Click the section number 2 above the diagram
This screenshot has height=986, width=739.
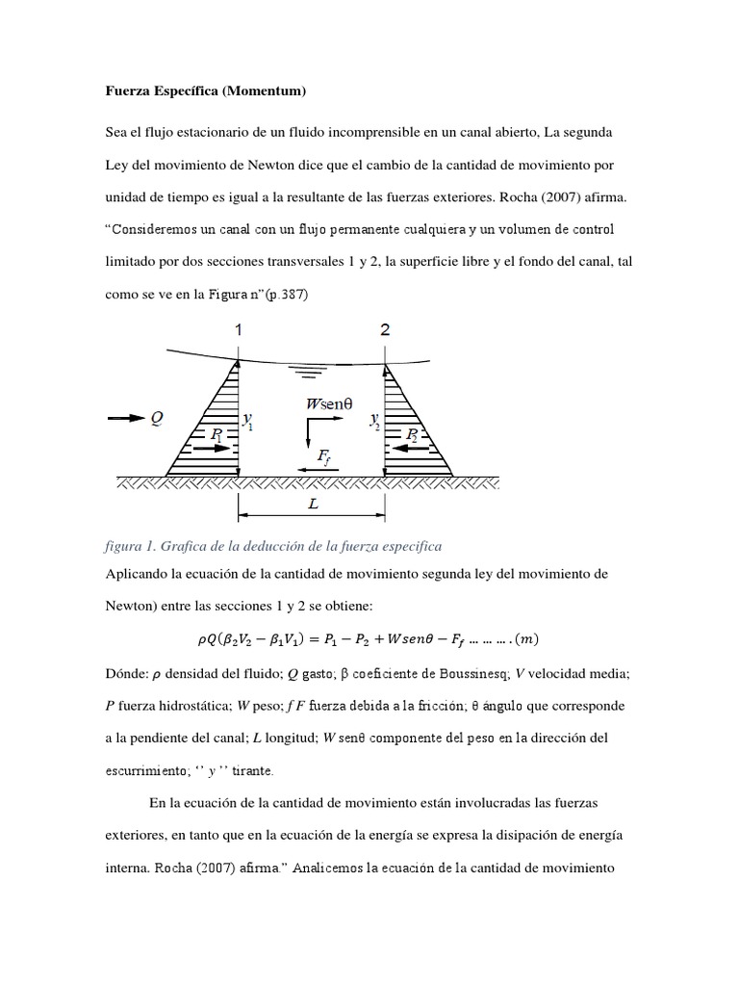point(385,330)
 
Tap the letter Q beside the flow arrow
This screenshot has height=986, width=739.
point(156,418)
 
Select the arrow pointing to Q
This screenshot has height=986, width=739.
point(122,418)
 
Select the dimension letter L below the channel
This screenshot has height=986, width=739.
point(313,504)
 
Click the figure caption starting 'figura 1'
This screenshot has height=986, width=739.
point(272,546)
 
